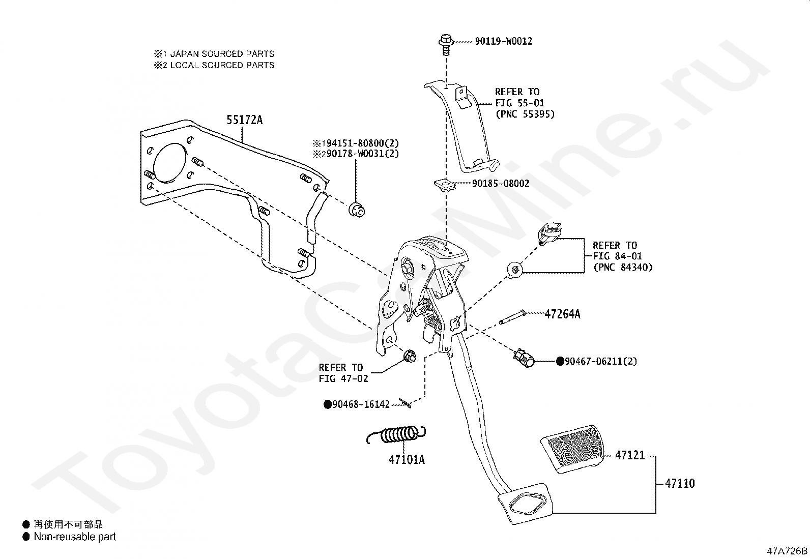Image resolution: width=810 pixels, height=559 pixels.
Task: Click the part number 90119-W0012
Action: [503, 41]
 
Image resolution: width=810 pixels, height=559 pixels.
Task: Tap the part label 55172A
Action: [244, 120]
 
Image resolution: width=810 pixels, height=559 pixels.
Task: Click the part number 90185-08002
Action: [500, 184]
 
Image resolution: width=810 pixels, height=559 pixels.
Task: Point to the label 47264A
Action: [562, 314]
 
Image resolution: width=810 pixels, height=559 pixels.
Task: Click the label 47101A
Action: [407, 460]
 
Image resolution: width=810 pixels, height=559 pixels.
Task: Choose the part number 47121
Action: [629, 455]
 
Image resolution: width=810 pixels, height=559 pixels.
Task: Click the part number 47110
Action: [679, 483]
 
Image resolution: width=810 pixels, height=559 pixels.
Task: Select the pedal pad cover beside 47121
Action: [572, 450]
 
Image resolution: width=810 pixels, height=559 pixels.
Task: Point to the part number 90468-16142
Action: [360, 404]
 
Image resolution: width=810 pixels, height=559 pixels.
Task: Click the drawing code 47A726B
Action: [787, 551]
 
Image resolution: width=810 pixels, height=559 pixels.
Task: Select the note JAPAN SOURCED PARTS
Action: [222, 54]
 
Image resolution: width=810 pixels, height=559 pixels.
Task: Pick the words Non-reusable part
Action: [75, 537]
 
